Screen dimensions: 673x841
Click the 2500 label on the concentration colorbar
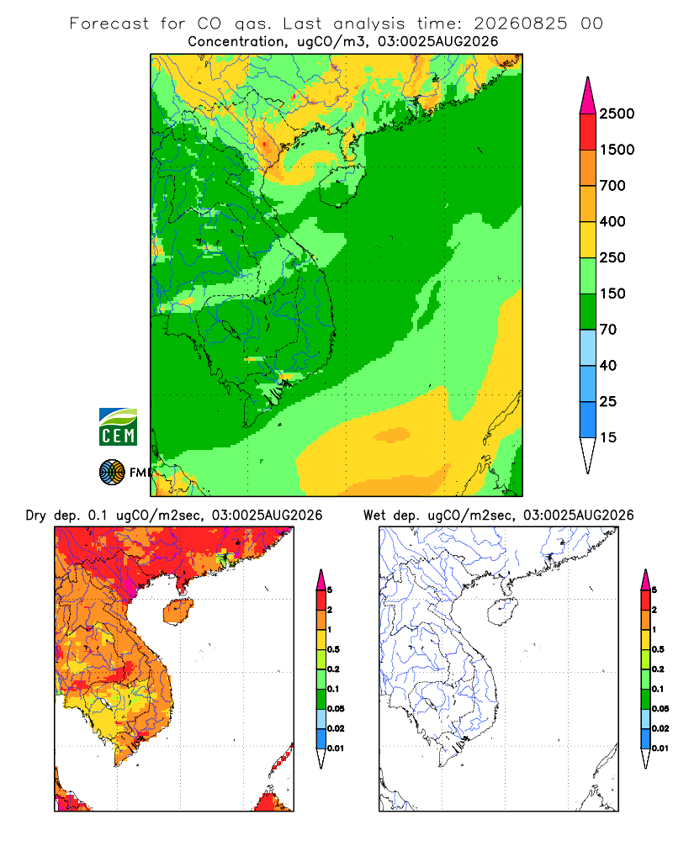point(617,114)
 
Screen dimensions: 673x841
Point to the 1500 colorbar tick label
point(617,150)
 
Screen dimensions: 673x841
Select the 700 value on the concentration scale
point(612,186)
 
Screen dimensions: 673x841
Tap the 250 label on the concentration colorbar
point(612,257)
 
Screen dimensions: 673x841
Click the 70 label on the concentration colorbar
point(608,330)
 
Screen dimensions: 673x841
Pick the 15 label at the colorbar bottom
point(608,437)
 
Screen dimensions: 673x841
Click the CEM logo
point(118,426)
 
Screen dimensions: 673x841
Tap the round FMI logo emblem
point(112,473)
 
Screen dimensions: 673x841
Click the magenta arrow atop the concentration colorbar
point(588,95)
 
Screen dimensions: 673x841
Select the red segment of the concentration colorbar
point(588,131)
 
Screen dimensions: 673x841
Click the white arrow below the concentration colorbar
point(588,455)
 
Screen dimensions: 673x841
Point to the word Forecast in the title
point(109,24)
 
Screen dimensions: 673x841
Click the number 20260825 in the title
point(520,24)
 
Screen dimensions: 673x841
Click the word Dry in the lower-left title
point(36,516)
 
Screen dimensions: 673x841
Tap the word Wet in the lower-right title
point(374,516)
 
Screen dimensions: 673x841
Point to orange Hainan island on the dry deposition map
point(178,612)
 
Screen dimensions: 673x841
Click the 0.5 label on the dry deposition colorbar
point(333,649)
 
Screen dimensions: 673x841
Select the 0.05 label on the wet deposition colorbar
point(660,708)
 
